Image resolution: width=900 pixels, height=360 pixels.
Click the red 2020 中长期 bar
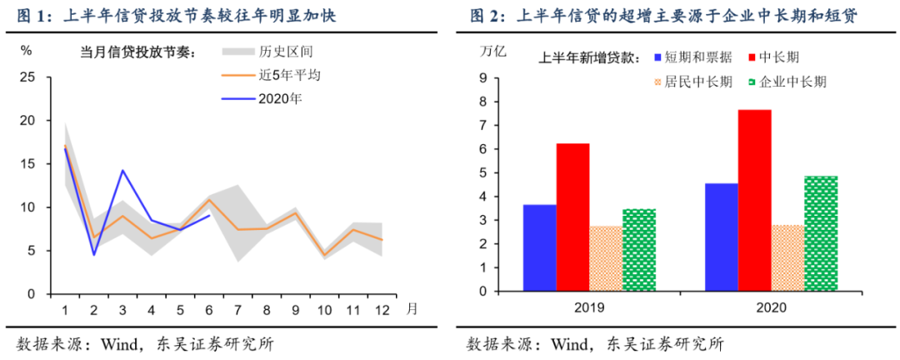coord(754,202)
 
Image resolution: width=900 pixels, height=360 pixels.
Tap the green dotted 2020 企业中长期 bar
coord(821,235)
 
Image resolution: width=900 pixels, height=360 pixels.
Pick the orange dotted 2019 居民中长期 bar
coord(606,259)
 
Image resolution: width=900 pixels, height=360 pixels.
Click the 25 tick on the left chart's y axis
coord(27,77)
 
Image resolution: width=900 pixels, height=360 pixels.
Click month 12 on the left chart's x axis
coord(382,309)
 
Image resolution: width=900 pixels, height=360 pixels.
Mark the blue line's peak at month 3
coord(122,170)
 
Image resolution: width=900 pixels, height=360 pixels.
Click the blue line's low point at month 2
coord(93,255)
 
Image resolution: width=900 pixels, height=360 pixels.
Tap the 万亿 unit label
coord(492,49)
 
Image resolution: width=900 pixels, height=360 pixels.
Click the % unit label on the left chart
coord(26,50)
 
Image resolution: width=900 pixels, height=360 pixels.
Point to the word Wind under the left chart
coord(119,344)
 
